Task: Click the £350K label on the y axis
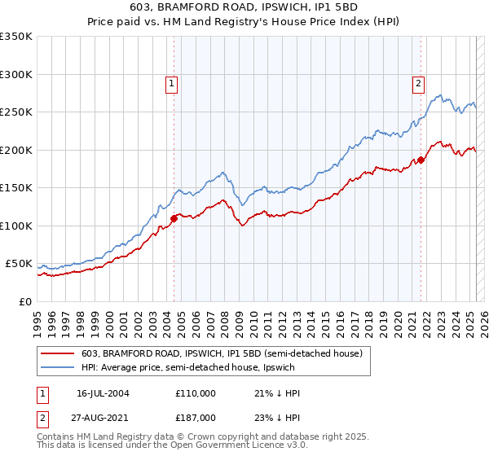[x=15, y=37]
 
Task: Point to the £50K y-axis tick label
[x=19, y=264]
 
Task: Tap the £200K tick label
[x=15, y=150]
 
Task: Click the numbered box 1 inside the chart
[x=172, y=83]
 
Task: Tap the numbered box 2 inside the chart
[x=418, y=83]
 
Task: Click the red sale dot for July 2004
[x=174, y=217]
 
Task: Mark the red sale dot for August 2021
[x=421, y=160]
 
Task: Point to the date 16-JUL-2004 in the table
[x=104, y=393]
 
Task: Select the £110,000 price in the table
[x=195, y=393]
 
